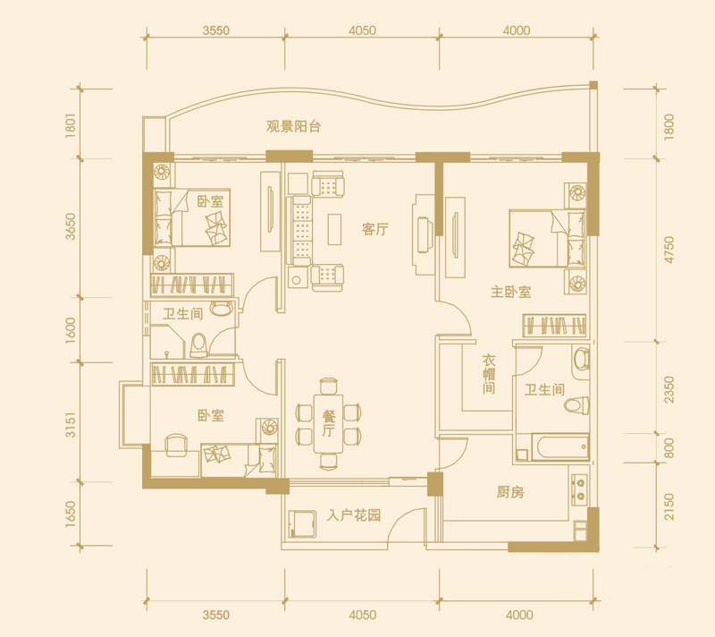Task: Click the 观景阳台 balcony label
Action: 293,126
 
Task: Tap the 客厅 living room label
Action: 375,229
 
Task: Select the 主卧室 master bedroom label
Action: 510,292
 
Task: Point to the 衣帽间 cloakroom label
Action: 489,374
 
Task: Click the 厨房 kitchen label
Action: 510,492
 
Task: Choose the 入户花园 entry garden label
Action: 354,516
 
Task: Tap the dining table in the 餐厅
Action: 327,423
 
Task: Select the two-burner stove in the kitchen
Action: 580,489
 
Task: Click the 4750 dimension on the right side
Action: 669,250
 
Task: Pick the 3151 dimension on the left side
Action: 71,425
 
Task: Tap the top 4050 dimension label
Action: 363,30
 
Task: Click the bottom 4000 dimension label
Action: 520,616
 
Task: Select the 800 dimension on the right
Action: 669,448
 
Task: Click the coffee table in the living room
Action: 334,229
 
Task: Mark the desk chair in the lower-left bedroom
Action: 176,445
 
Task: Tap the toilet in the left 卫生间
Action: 199,345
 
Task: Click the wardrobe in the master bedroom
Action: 554,326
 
